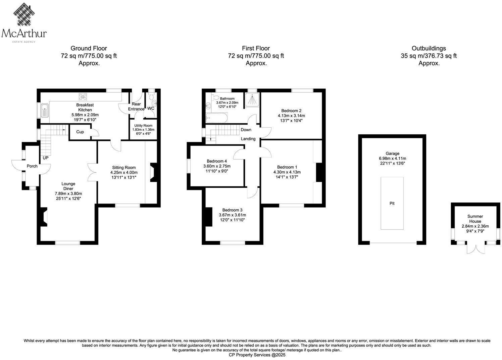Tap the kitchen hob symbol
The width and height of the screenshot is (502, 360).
83,97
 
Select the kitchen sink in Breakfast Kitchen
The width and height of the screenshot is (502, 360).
45,110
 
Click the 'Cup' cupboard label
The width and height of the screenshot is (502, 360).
80,132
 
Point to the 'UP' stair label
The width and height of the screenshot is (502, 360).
45,157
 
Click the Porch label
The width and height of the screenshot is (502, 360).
32,166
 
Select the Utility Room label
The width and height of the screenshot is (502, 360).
144,126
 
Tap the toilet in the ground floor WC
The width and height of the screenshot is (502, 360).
154,103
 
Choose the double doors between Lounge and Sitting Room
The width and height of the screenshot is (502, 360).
93,172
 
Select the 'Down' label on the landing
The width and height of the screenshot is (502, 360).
246,130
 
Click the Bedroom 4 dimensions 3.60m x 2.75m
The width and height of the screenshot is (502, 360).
217,166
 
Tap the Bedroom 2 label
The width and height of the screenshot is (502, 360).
291,111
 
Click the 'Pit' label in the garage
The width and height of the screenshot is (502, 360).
392,204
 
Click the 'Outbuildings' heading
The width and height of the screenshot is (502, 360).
429,48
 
